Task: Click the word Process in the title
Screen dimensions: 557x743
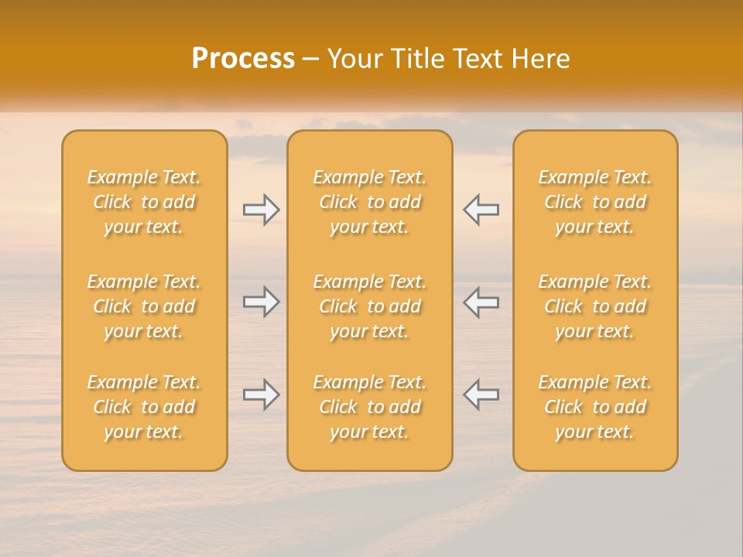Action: (243, 59)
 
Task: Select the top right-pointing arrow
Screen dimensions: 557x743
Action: (262, 210)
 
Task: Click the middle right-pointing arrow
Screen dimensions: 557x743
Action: (262, 302)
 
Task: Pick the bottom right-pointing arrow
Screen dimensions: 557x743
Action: (262, 395)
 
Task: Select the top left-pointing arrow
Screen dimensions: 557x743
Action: (481, 210)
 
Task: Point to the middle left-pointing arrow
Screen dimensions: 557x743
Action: (481, 302)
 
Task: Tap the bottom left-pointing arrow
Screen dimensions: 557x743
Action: (481, 395)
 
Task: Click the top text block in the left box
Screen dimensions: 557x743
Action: (144, 202)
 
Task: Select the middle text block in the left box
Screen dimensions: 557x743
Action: (144, 306)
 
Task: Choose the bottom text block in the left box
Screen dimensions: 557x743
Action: (144, 407)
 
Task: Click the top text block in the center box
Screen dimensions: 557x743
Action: (370, 202)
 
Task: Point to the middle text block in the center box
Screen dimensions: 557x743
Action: (370, 306)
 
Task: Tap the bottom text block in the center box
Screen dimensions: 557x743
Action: (370, 407)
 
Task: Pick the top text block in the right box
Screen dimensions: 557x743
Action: (595, 202)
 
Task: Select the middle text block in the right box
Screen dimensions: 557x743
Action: (595, 306)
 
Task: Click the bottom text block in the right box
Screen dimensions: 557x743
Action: (595, 407)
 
